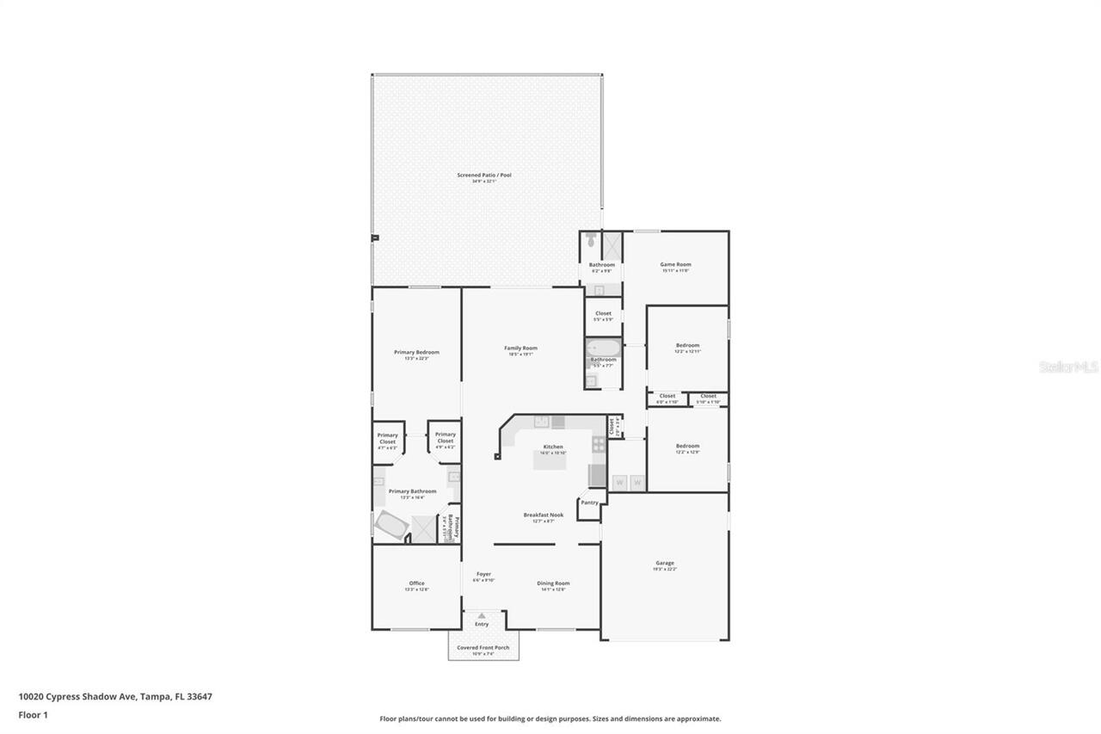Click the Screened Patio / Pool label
[484, 176]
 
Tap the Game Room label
[675, 265]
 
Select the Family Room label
[520, 348]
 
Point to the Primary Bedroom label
[416, 352]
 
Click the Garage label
[665, 564]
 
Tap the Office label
[416, 583]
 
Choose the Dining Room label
[553, 583]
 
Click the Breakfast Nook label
[543, 515]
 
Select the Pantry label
[589, 503]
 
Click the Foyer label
[483, 574]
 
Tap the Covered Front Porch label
[483, 648]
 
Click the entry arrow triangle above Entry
[482, 615]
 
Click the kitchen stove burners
[598, 445]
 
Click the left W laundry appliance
[619, 483]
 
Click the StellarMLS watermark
[1069, 367]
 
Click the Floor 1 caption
[33, 715]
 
